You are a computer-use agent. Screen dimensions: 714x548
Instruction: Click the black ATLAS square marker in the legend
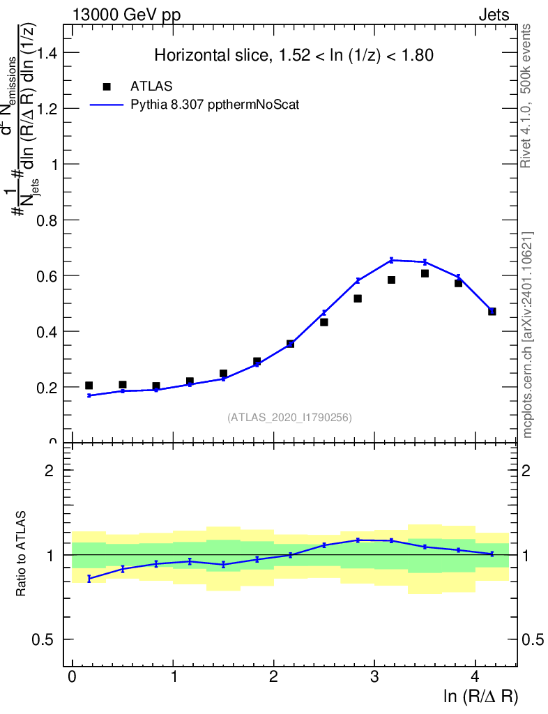[x=107, y=86]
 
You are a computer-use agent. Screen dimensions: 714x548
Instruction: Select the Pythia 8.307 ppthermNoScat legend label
[x=215, y=105]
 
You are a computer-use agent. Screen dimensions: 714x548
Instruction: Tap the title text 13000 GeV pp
[x=125, y=15]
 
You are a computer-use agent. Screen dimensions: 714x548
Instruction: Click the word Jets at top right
[x=494, y=15]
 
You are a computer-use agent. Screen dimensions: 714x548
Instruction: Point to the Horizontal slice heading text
[x=294, y=55]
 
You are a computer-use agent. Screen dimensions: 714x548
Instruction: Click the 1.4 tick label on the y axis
[x=47, y=53]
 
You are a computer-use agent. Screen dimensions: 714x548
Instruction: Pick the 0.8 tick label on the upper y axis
[x=47, y=220]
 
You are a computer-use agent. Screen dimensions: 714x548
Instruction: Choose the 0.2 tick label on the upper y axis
[x=47, y=387]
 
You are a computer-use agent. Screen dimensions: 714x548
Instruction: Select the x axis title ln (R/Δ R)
[x=481, y=697]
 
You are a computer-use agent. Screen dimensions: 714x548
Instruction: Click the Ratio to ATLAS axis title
[x=23, y=554]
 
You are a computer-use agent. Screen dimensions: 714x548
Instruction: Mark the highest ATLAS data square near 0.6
[x=425, y=273]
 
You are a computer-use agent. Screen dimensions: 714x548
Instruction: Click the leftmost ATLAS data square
[x=89, y=386]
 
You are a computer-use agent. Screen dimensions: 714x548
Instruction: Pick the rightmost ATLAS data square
[x=492, y=311]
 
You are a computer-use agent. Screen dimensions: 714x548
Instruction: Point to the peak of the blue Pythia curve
[x=392, y=260]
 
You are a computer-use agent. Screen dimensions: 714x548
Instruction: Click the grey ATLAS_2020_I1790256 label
[x=289, y=418]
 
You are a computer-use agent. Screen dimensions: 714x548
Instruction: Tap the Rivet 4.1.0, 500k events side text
[x=526, y=96]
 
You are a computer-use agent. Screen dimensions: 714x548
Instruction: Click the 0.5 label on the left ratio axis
[x=47, y=639]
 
